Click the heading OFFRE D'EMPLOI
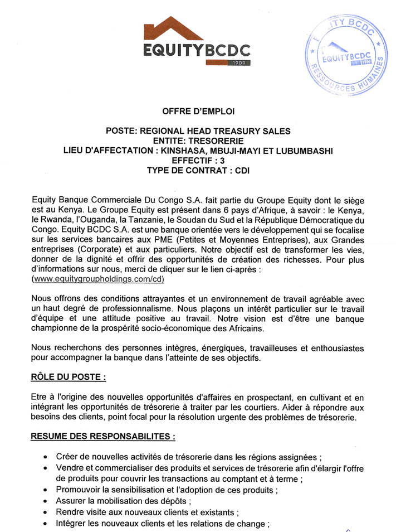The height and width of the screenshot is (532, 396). point(198,112)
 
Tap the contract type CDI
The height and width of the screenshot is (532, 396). point(242,171)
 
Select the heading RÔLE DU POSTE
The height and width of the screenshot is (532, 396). point(68,377)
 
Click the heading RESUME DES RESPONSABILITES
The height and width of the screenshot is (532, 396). point(103,436)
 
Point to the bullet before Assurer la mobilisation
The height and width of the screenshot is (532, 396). point(45,501)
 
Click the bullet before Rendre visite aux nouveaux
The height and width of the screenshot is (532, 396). point(45,512)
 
